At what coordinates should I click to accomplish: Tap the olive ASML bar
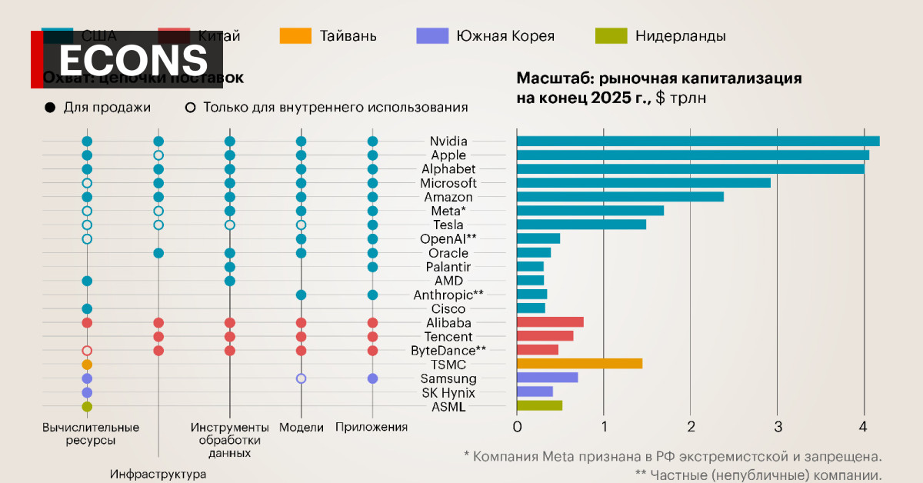[539, 405]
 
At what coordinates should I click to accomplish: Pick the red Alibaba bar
[550, 322]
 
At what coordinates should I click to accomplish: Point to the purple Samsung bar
[547, 378]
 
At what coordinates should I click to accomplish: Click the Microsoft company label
[448, 183]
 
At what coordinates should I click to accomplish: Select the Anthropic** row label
[448, 295]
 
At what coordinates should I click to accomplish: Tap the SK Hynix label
[448, 392]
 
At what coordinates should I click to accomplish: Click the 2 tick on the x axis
[691, 426]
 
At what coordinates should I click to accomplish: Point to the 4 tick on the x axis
[865, 426]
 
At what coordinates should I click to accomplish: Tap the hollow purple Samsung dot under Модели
[302, 378]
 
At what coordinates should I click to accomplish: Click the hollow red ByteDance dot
[87, 351]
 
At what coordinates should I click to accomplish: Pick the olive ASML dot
[87, 406]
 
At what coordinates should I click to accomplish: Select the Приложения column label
[372, 427]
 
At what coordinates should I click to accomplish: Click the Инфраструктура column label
[158, 475]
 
